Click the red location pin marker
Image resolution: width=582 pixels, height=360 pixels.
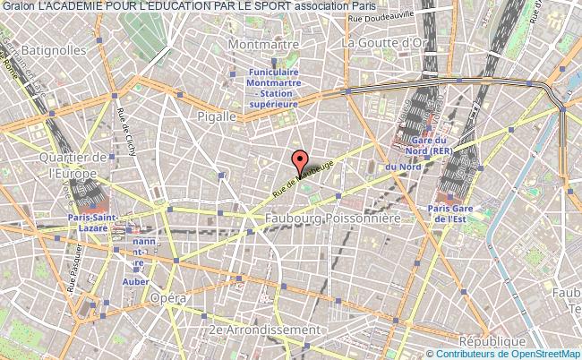tap(301, 161)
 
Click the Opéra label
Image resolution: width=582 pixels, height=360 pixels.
tap(168, 297)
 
